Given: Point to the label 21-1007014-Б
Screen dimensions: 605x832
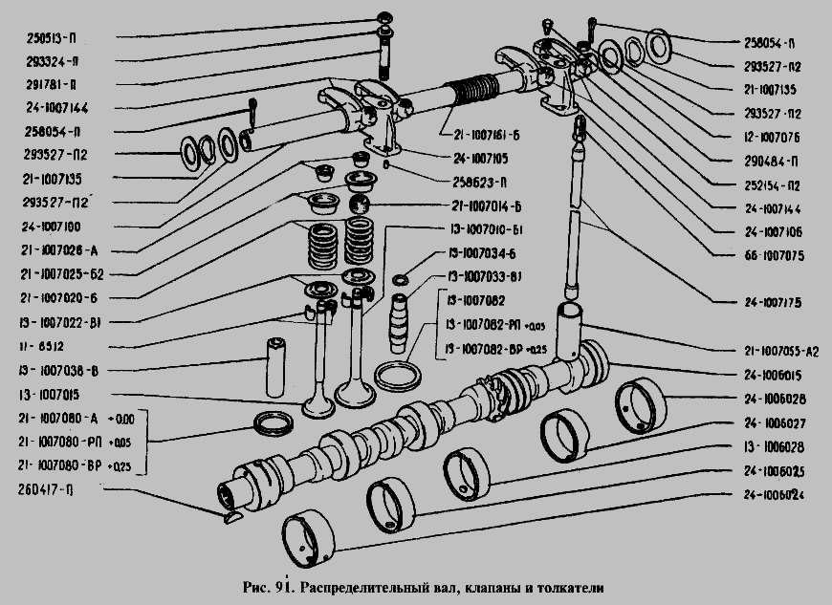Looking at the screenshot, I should coord(491,205).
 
